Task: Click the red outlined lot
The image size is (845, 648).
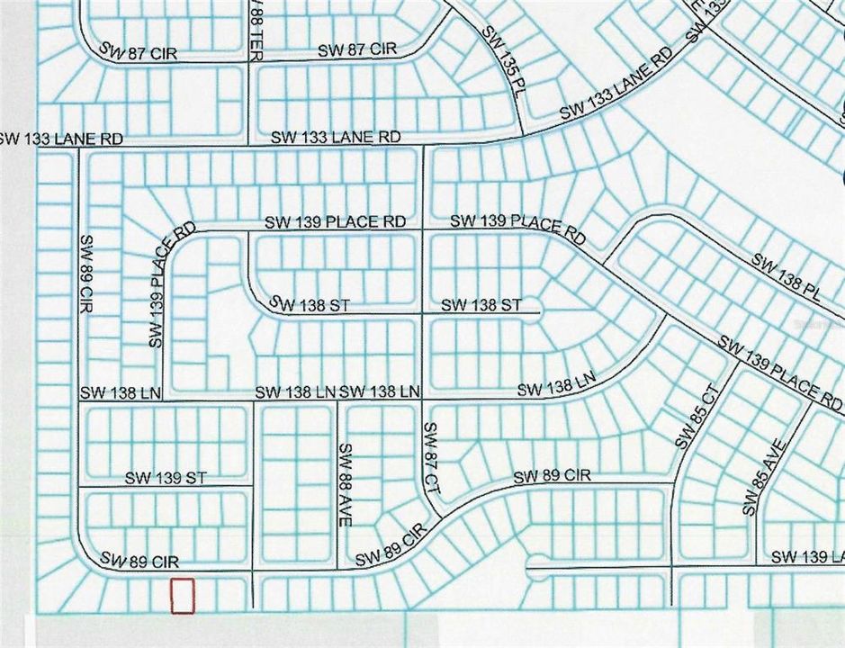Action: pos(183,596)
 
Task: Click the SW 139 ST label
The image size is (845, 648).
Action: pos(166,478)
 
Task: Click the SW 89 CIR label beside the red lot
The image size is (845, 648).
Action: pos(139,562)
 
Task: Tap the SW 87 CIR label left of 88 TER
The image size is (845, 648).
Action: pos(139,54)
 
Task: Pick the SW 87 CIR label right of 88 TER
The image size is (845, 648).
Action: pos(356,49)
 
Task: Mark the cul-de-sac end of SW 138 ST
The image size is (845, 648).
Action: pos(538,314)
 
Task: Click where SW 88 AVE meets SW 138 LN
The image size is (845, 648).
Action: pos(337,400)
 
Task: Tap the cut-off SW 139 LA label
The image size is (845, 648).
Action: pos(807,557)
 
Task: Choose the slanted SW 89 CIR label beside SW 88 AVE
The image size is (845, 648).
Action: pos(390,547)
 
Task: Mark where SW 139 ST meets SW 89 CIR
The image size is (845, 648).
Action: pos(79,488)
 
